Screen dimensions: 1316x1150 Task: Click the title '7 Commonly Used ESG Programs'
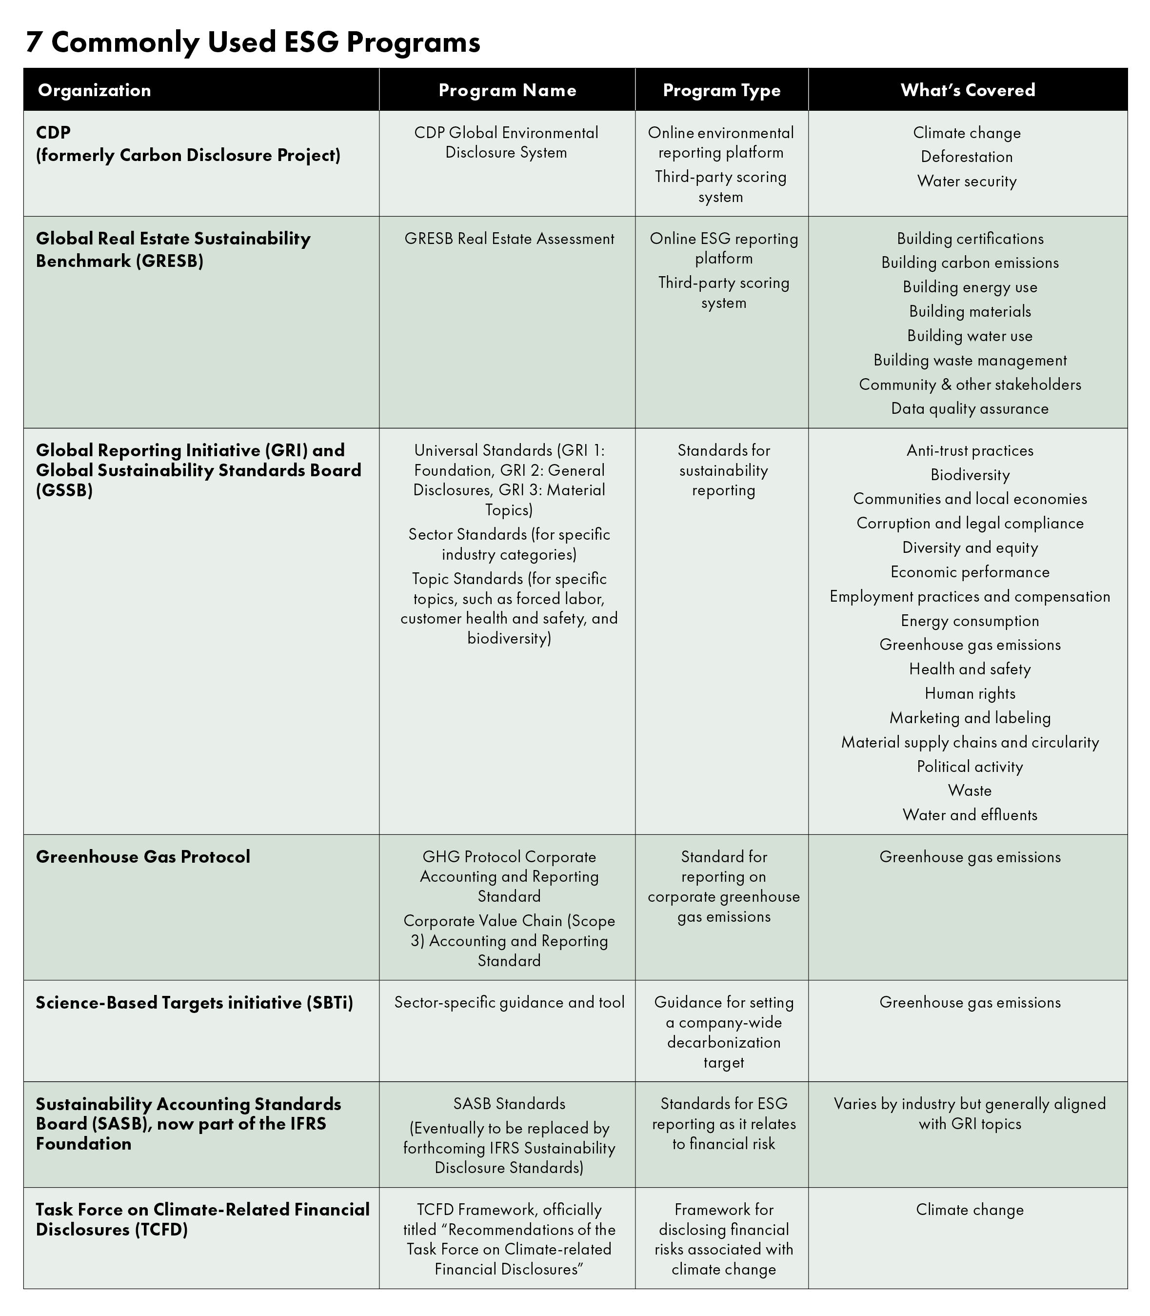tap(253, 42)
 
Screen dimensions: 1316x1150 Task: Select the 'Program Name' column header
tap(507, 90)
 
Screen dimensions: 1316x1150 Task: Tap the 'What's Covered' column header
tap(968, 90)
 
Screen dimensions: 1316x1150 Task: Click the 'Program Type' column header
tap(721, 90)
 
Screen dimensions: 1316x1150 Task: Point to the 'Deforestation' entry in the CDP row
tap(967, 157)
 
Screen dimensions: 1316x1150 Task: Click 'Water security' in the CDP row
tap(967, 181)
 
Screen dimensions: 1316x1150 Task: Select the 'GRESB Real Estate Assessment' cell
tap(509, 239)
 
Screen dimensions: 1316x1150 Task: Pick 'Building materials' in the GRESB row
tap(970, 311)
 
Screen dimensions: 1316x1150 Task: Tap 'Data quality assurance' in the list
tap(970, 408)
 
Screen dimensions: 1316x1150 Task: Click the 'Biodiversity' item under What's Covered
tap(970, 475)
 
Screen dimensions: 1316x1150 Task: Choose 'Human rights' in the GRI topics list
tap(970, 693)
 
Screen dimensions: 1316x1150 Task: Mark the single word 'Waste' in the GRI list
tap(970, 790)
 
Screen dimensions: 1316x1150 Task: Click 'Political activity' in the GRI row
tap(970, 767)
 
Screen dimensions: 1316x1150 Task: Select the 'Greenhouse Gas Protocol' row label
tap(143, 856)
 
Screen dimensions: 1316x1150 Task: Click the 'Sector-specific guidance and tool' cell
tap(509, 1002)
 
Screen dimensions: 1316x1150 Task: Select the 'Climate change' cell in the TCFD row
tap(970, 1210)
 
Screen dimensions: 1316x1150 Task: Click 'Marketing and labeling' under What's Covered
tap(970, 718)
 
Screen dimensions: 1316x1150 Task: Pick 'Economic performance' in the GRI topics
tap(970, 572)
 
